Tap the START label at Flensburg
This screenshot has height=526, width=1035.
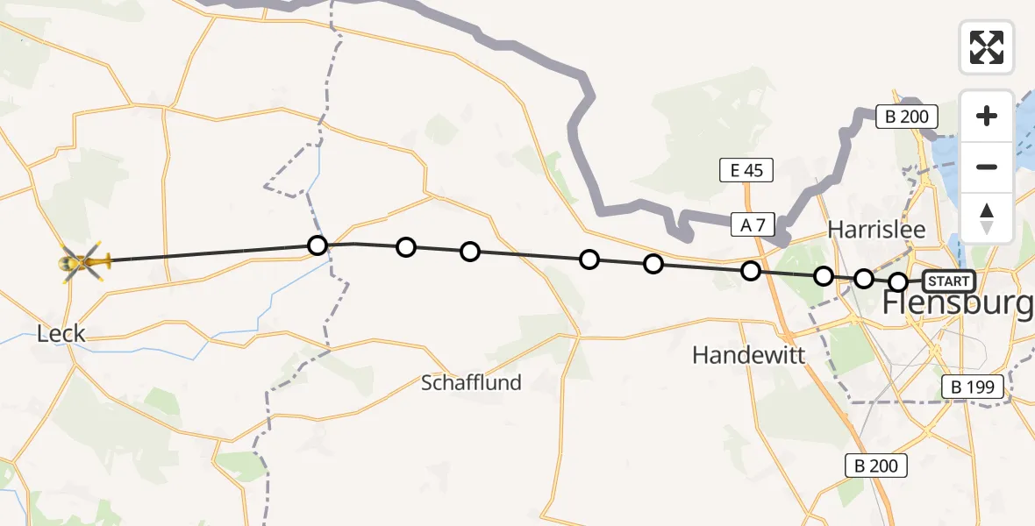[x=948, y=281]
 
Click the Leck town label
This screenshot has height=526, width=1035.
[x=61, y=333]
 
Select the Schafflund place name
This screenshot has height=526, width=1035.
[x=471, y=382]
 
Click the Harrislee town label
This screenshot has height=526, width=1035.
[x=876, y=230]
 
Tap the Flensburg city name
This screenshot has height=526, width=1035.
[x=957, y=304]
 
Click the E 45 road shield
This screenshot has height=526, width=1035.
[x=746, y=171]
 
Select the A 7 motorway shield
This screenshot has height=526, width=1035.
[x=753, y=225]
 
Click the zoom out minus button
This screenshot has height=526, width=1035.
[x=987, y=167]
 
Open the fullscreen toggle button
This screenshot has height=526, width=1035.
[x=987, y=47]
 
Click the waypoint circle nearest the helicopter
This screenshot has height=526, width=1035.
[x=318, y=245]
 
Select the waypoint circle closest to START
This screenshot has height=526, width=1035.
[x=898, y=282]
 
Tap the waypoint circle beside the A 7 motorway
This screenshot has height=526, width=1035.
[x=751, y=271]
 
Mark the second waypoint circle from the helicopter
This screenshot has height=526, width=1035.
[x=405, y=247]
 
